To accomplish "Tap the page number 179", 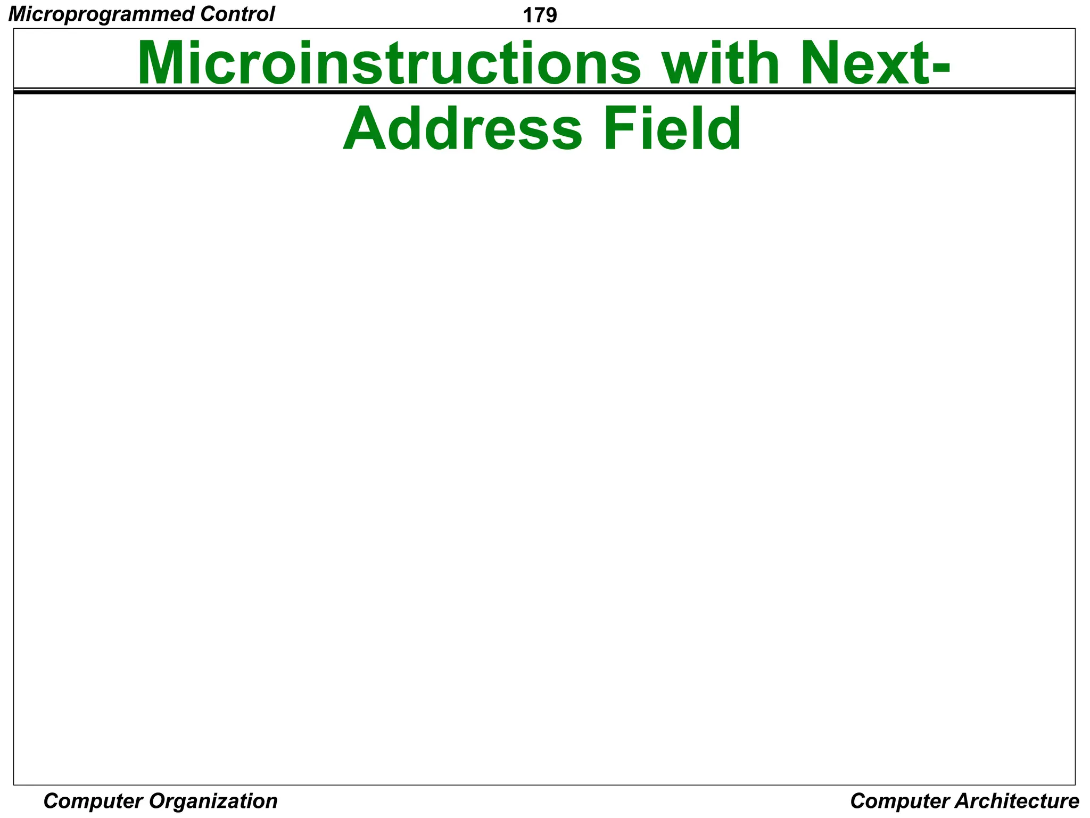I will click(540, 16).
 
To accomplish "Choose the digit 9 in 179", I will click(551, 16).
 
